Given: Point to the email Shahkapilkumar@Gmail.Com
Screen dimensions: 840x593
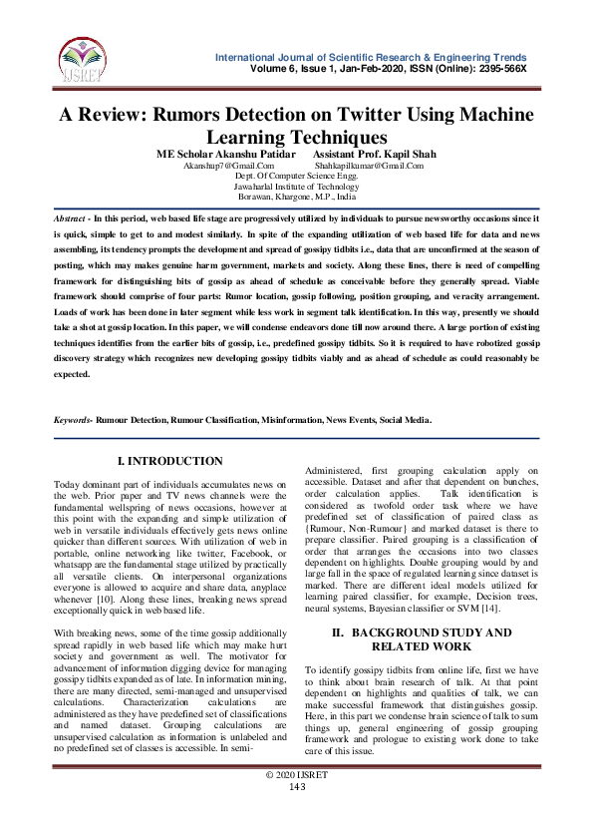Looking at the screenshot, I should (x=368, y=167).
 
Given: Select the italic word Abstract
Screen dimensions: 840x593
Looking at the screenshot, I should (x=70, y=216).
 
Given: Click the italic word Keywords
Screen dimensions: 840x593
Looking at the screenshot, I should (x=73, y=420).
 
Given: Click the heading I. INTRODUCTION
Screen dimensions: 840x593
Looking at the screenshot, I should (x=170, y=461).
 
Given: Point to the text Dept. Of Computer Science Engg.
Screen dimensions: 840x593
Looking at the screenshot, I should (x=296, y=177).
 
